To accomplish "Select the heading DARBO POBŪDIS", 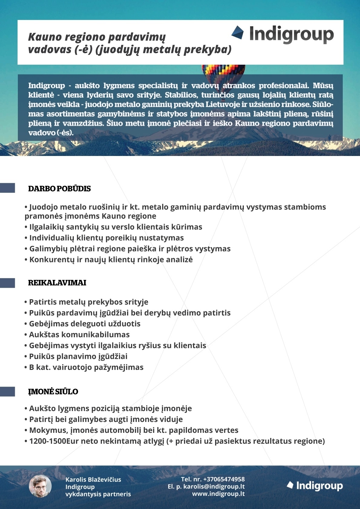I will (59, 189).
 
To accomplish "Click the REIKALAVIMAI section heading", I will (57, 283).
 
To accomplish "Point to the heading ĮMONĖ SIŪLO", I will (53, 391).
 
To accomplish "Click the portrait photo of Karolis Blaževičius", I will (40, 486).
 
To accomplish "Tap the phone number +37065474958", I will (224, 479).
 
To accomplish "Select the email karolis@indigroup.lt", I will (214, 486).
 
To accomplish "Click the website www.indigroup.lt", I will (218, 494).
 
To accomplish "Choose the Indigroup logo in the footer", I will (315, 486).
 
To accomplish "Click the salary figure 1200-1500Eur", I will (48, 441).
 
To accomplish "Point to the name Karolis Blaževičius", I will (93, 479).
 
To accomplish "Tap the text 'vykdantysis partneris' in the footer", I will (98, 494).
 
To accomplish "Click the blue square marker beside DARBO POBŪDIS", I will (7, 188).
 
